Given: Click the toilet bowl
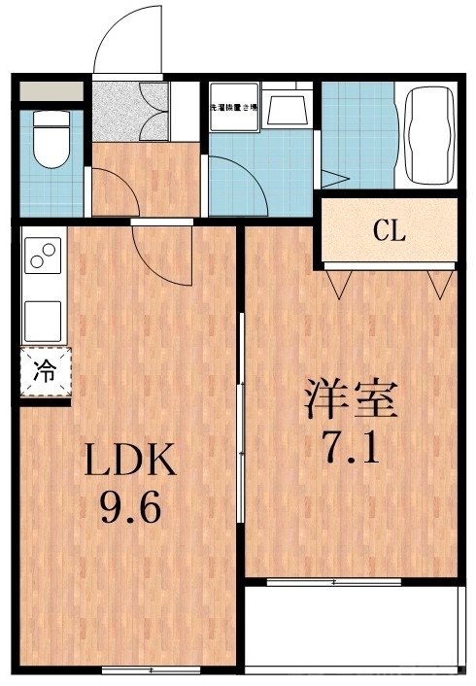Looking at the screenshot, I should point(49,144).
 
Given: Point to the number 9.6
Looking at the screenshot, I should point(128,507).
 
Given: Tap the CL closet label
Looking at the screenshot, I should point(390,231).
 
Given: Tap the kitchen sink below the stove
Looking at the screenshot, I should point(43,318).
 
